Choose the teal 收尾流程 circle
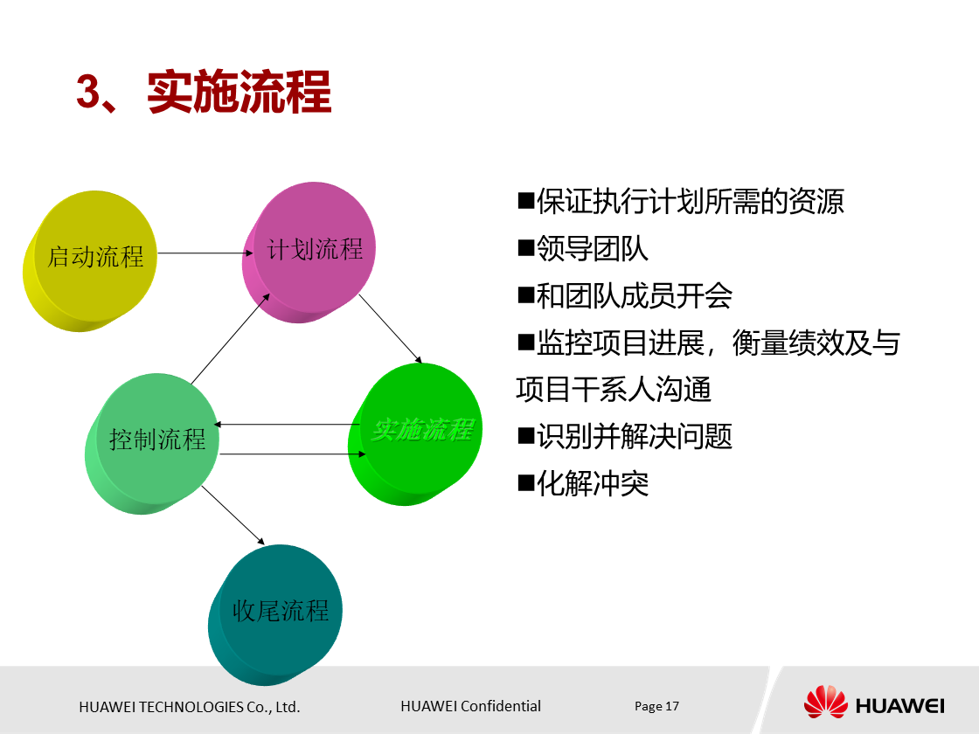278,612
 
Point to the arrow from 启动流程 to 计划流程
201,253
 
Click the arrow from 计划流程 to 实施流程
391,329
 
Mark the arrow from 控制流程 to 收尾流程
233,515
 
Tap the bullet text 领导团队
592,249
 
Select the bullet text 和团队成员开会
634,296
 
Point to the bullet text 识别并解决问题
634,436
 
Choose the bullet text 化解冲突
592,483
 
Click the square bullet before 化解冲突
525,482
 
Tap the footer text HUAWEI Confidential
470,706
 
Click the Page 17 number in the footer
656,706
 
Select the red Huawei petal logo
825,703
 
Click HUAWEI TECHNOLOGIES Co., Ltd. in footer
190,707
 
